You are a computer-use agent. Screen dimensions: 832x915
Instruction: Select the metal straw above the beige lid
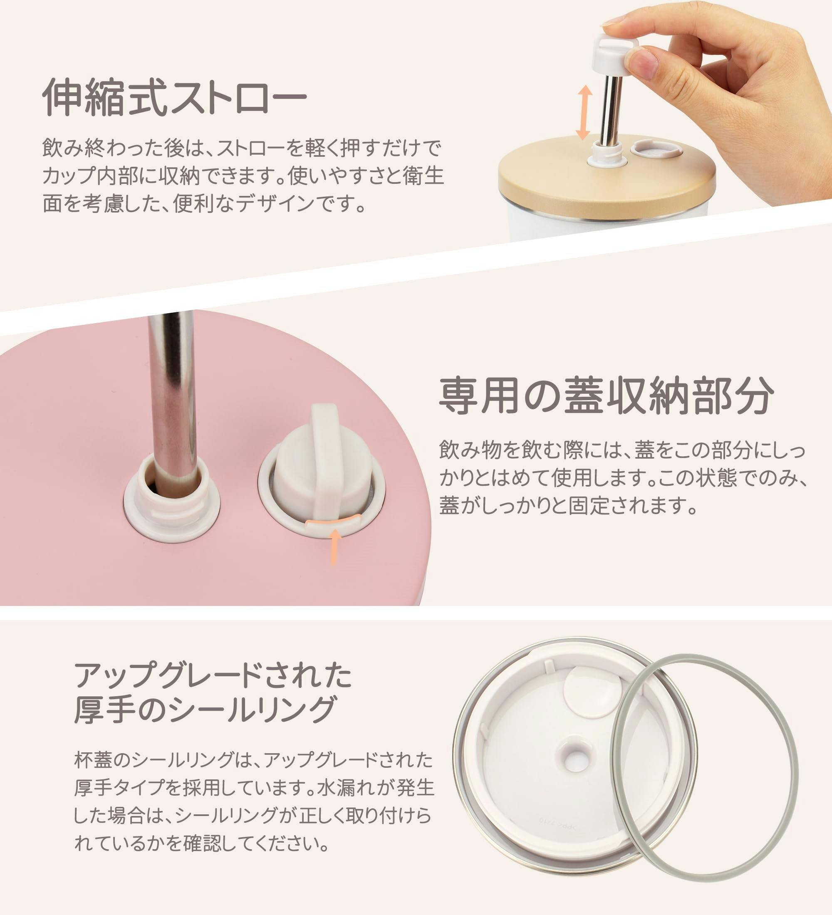(611, 110)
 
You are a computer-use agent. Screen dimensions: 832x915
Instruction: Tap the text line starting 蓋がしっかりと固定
(568, 506)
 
